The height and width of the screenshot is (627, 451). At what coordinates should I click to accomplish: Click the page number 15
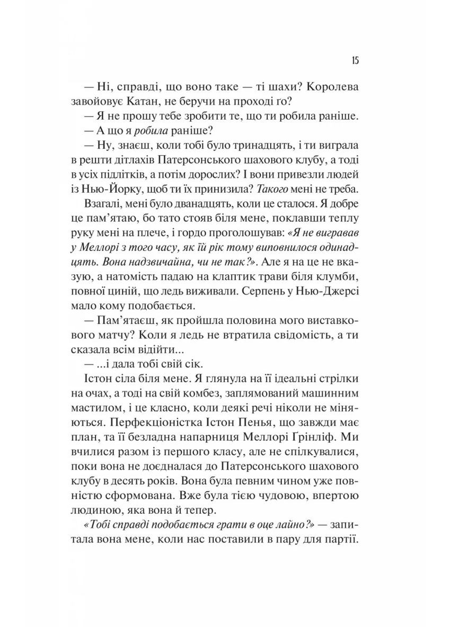[x=356, y=60]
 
